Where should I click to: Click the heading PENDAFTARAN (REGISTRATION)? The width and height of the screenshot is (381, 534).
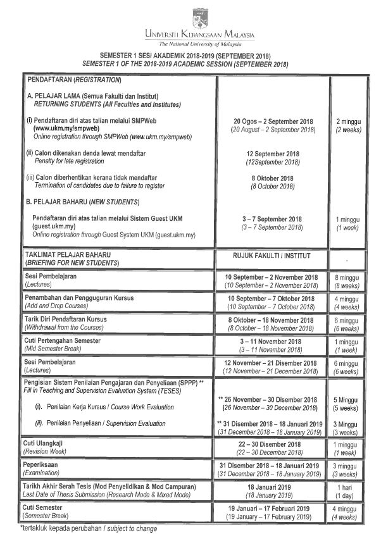[73, 81]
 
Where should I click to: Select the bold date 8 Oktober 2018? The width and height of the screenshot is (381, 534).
[273, 178]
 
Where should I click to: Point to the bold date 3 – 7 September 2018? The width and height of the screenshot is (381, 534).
[273, 219]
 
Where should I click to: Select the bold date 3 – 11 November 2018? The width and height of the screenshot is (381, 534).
[273, 342]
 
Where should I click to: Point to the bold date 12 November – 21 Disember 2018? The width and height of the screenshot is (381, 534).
[273, 363]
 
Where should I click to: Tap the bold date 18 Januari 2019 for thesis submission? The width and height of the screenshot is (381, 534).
[273, 487]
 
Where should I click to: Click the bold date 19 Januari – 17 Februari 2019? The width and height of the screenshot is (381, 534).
[273, 508]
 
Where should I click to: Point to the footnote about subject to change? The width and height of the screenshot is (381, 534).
[89, 528]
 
